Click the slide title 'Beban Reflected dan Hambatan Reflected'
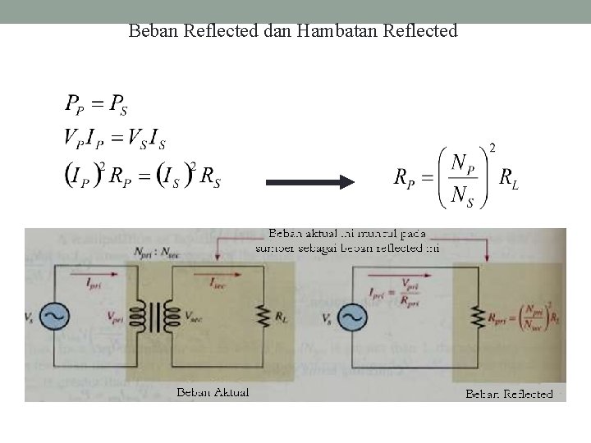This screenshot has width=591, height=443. tap(293, 32)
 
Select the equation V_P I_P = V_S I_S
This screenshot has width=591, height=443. tap(115, 139)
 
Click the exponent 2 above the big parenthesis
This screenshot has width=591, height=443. tap(492, 148)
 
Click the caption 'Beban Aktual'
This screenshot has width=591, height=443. tap(213, 391)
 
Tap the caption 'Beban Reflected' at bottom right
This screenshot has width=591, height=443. tap(509, 395)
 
